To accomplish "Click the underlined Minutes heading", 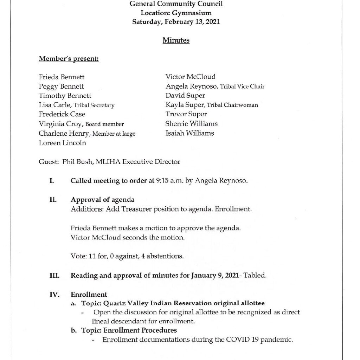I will (x=176, y=40).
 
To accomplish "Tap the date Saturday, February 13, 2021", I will (x=176, y=21).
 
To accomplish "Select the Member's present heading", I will (x=69, y=59).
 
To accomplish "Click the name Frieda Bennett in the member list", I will (x=62, y=77).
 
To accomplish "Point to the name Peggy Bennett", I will (x=61, y=86).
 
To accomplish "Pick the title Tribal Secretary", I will (x=94, y=105).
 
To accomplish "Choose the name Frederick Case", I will (x=62, y=114).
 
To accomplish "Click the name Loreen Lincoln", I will (x=62, y=143).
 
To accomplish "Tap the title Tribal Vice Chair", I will (x=242, y=86).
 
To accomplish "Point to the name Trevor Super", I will (x=186, y=114).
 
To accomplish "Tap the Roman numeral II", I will (x=54, y=200).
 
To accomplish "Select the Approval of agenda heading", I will (x=102, y=200).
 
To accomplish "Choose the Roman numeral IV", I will (x=54, y=295).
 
